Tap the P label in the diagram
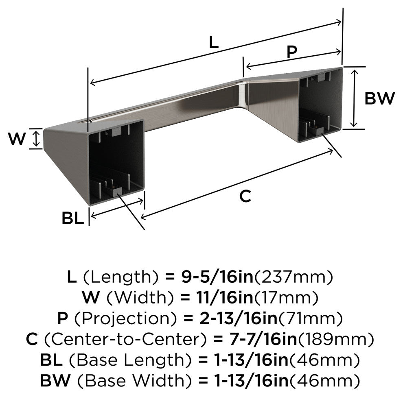[x=291, y=52]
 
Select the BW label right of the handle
[x=379, y=98]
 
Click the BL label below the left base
[x=73, y=218]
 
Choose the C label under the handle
[x=245, y=196]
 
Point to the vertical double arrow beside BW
[x=355, y=98]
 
